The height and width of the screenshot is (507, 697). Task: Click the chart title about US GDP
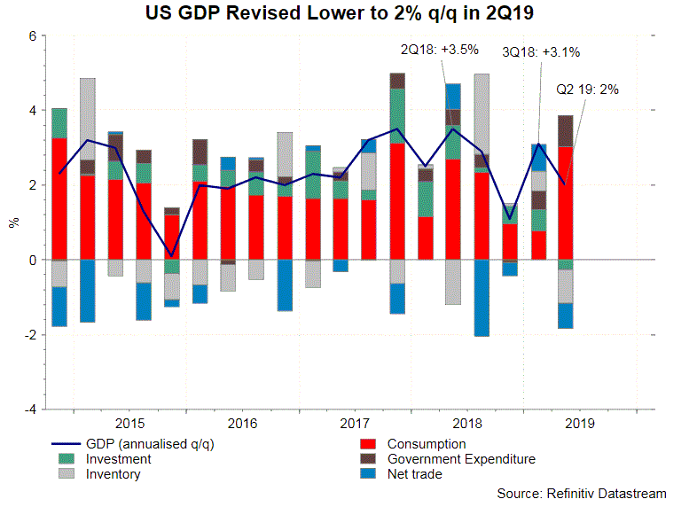coord(348,14)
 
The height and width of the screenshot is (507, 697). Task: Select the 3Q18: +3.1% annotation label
coord(540,52)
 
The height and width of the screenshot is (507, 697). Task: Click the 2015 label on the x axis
coord(129,424)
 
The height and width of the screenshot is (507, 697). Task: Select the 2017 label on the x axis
coord(355,424)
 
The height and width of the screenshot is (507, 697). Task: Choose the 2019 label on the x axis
coord(580,424)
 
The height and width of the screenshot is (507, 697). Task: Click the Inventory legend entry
coord(113,474)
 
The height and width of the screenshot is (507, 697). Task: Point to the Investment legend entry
coord(118,459)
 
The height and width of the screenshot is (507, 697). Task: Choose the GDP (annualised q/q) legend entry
coord(143,444)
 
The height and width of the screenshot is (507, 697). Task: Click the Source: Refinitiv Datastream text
coord(582,493)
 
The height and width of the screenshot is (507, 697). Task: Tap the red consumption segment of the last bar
coord(564,203)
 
